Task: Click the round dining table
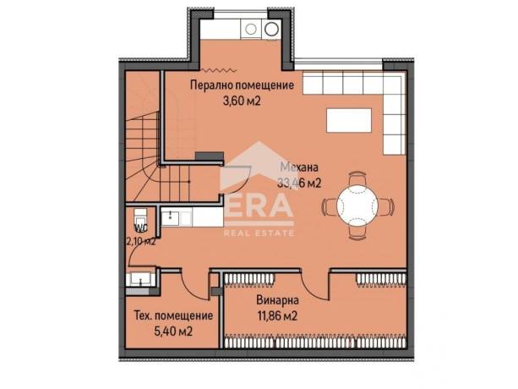357,205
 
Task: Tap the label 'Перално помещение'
243,85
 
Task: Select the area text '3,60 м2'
242,101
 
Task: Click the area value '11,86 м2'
277,316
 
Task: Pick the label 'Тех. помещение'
173,315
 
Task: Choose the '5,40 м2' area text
173,331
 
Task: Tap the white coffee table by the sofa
349,120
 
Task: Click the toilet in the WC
140,217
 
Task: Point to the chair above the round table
357,178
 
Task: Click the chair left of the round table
330,205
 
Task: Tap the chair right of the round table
386,206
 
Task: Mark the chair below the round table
357,233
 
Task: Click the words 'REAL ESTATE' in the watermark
259,233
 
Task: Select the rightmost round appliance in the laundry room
271,29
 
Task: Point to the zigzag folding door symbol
219,70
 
